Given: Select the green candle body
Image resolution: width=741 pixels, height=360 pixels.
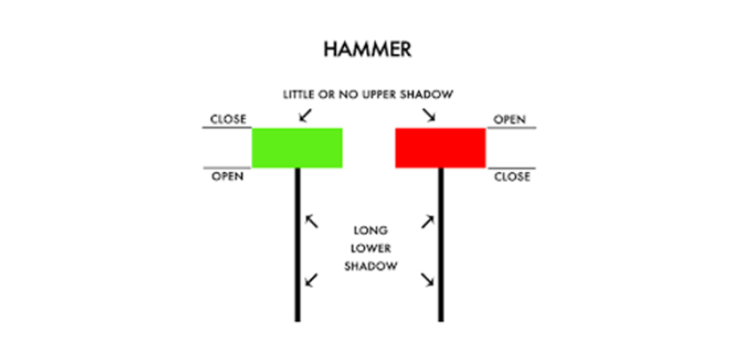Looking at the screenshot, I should coord(297,148).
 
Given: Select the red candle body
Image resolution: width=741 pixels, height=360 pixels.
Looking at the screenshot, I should coord(441,148).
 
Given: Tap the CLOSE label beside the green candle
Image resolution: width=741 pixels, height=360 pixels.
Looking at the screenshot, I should coord(228,119).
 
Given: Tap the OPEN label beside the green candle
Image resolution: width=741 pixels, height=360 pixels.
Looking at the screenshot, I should coord(227,176).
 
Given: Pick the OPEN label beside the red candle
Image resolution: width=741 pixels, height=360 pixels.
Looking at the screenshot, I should coord(510,119).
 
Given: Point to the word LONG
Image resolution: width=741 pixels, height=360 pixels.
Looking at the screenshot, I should coord(370,230).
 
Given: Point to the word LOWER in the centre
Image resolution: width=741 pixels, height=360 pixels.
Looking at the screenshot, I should coord(370,247).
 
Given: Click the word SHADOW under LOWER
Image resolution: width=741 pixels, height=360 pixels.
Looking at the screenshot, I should coord(370,266).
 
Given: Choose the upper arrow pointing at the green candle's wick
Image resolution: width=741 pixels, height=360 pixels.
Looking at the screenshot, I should coord(310,221).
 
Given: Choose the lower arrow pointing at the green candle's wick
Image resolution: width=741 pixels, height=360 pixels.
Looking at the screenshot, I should coord(310,281).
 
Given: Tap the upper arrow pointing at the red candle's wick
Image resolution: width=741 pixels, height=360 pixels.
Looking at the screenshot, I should coord(427,221).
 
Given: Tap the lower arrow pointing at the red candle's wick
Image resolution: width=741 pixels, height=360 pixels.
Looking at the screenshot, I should coord(427,281).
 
